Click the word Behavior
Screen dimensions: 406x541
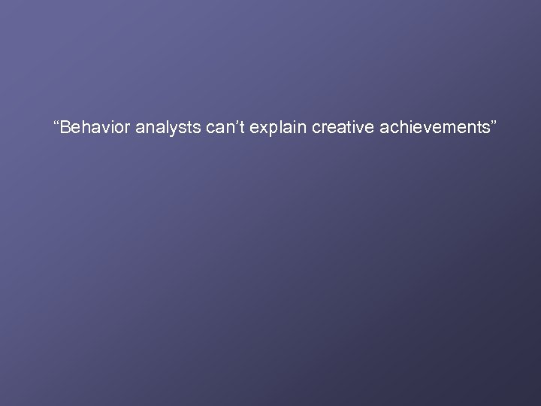click(95, 128)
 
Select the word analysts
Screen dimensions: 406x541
click(166, 128)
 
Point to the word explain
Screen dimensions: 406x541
click(274, 128)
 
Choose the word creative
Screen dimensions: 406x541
click(336, 128)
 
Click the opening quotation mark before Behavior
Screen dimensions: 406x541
click(57, 123)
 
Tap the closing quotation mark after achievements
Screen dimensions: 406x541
click(493, 123)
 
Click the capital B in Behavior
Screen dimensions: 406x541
click(66, 128)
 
